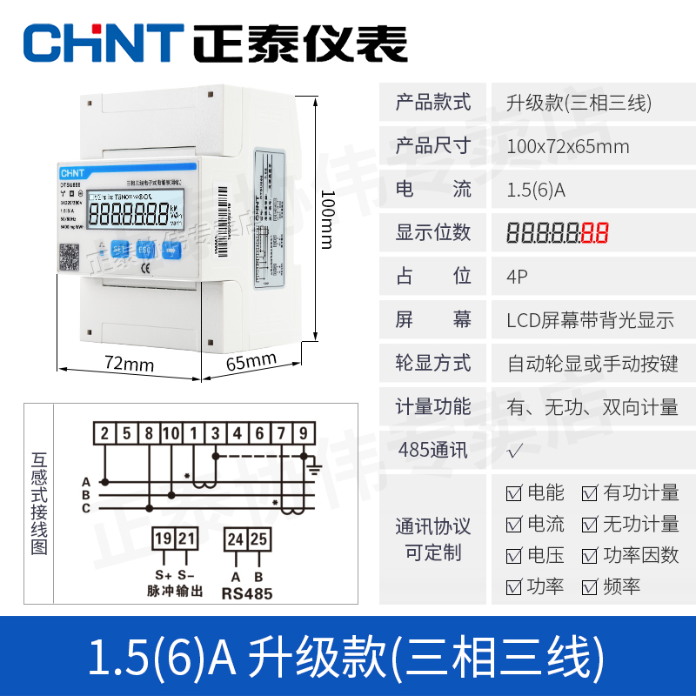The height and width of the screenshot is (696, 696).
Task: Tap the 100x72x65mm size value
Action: tap(567, 146)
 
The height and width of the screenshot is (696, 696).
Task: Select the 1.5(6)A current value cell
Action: tap(536, 190)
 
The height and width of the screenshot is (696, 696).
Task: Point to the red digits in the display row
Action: tap(595, 233)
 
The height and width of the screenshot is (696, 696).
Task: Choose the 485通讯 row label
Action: tap(432, 451)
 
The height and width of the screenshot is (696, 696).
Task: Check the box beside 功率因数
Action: tap(590, 556)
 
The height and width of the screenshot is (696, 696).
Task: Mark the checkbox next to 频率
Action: tap(590, 587)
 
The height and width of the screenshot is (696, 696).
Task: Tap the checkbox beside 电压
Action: tap(514, 556)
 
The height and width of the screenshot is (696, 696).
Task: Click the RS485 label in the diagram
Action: tap(246, 595)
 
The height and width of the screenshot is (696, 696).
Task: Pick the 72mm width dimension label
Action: tap(129, 364)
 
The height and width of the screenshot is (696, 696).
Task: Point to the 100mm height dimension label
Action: tap(326, 217)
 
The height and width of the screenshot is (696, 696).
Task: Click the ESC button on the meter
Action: tap(145, 248)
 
